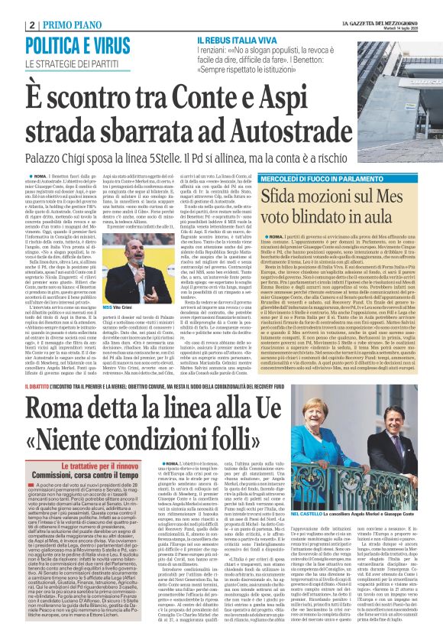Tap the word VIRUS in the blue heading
(106, 44)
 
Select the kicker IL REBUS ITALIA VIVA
(238, 39)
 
